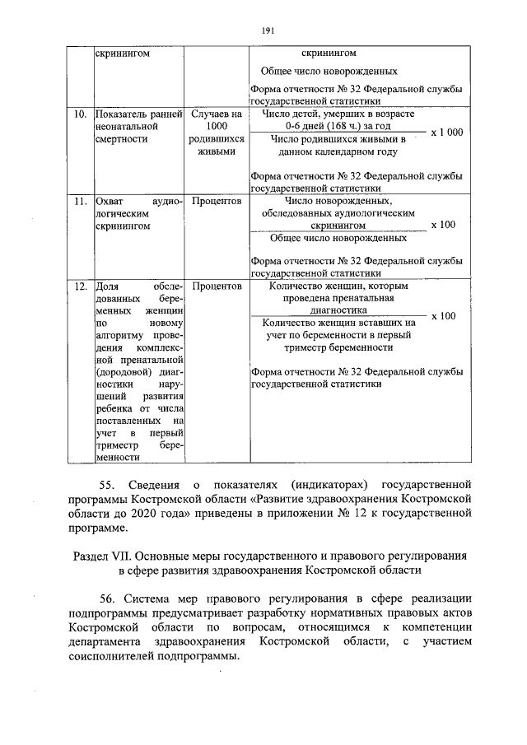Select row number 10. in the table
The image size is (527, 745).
[81, 114]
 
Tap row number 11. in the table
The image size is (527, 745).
[81, 200]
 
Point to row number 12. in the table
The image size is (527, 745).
[81, 286]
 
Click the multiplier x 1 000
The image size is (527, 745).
[447, 133]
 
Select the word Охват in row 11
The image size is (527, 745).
[110, 200]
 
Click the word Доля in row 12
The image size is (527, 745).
[108, 286]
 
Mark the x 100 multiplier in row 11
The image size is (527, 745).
[443, 225]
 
